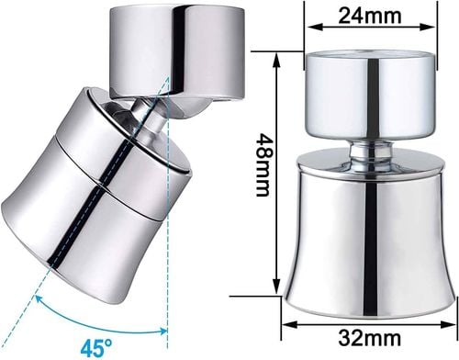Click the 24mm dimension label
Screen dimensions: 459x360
370,15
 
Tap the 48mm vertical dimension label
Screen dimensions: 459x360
263,165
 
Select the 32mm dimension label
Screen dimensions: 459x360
369,338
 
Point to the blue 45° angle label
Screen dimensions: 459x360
96,347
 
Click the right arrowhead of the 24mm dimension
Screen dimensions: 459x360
429,27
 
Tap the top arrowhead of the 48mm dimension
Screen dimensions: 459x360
277,61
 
